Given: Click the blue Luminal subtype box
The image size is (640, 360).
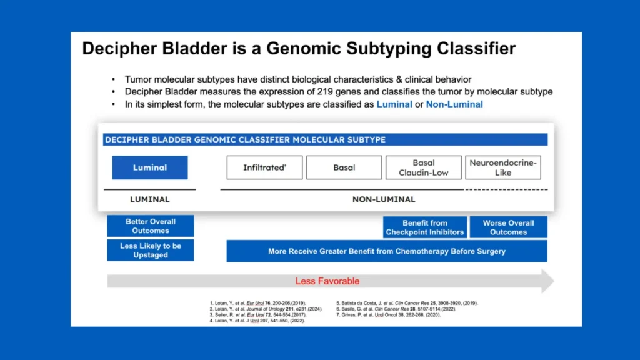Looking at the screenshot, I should point(150,167).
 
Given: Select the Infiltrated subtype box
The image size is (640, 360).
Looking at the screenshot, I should point(264,167).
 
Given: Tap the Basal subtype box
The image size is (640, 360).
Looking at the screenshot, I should point(344,167).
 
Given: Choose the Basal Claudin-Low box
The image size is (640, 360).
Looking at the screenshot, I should point(424,167).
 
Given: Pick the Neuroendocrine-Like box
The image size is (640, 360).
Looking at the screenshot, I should point(503,167).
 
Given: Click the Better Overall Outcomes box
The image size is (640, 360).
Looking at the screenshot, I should point(151,226).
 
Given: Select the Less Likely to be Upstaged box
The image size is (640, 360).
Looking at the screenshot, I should point(151,250).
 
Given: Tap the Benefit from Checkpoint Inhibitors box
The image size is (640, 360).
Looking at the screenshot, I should point(425,227).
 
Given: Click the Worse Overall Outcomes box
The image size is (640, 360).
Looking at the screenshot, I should point(508,227).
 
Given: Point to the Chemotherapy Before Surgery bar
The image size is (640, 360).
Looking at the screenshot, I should point(387,251).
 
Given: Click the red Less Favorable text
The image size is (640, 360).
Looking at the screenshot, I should point(327,281).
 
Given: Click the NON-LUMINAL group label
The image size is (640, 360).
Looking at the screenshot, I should point(384,199).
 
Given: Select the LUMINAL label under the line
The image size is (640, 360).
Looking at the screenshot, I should point(150,199).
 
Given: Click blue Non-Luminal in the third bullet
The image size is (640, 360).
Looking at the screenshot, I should point(454,104).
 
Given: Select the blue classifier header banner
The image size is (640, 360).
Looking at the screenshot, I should point(325,139).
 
